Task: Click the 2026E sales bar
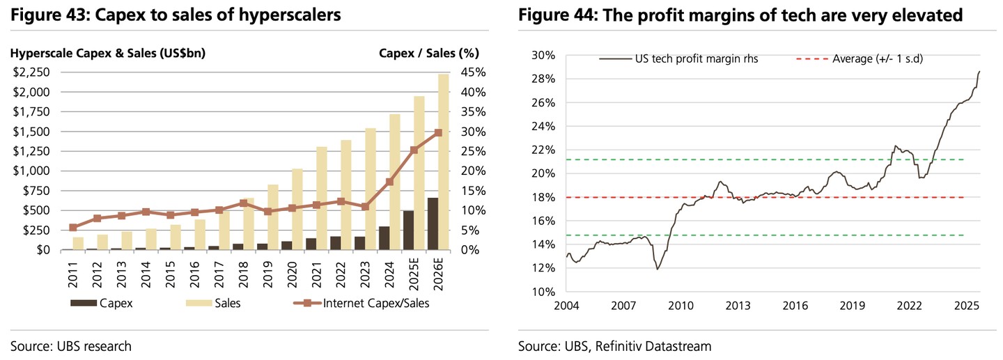[443, 139]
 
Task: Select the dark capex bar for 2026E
[433, 224]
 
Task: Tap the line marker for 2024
[389, 182]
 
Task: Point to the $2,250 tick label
[30, 72]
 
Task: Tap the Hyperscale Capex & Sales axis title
[107, 53]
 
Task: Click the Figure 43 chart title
[176, 15]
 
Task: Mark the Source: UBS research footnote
[71, 345]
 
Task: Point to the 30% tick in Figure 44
[543, 56]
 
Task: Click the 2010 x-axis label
[681, 306]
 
